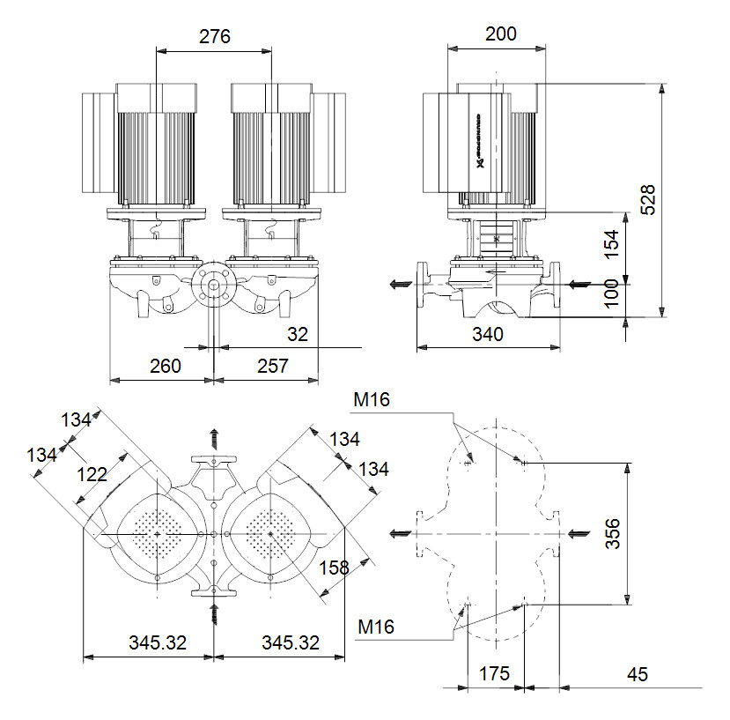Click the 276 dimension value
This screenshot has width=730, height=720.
(x=214, y=37)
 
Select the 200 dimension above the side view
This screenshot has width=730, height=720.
(x=500, y=34)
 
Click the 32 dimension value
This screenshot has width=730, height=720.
(x=298, y=335)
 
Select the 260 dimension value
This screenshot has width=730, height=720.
(x=164, y=366)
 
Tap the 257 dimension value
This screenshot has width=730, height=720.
(x=272, y=366)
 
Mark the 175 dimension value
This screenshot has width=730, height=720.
(x=493, y=674)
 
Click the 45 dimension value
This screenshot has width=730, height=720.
(x=638, y=674)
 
